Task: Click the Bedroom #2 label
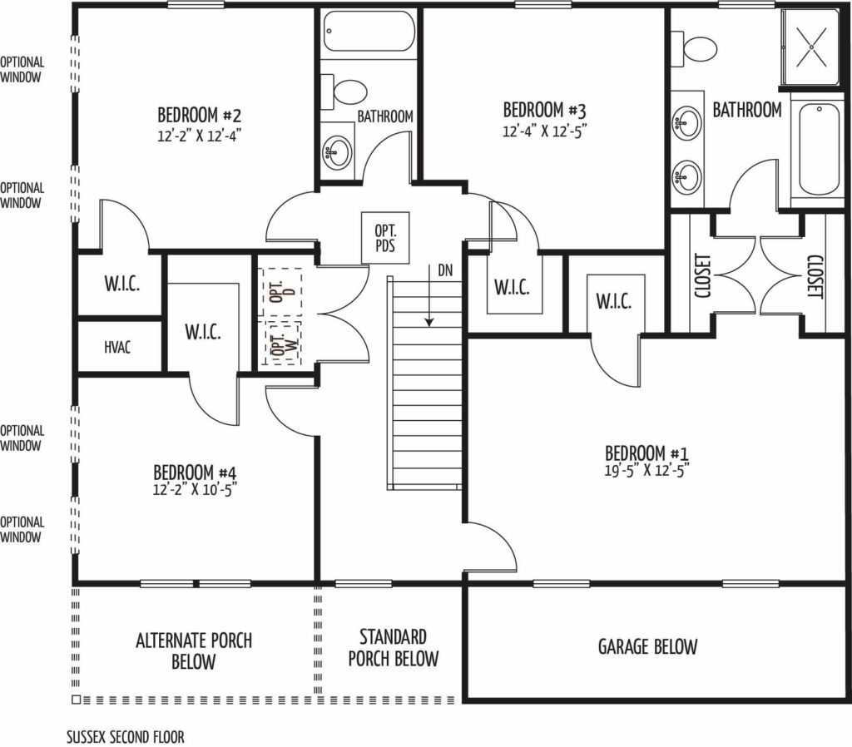coord(199,115)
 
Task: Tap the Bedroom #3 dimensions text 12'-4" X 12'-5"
coord(545,131)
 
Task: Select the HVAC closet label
coord(117,347)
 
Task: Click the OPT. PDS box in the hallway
coord(385,238)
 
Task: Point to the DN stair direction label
coord(445,270)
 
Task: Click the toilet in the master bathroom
coord(692,49)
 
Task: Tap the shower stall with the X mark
coord(810,47)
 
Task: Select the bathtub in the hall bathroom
coord(369,31)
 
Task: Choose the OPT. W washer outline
coord(281,342)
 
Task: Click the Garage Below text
coord(647,646)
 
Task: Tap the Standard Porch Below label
coord(394,647)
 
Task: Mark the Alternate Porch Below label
coord(193,651)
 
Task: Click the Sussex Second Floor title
coord(126,737)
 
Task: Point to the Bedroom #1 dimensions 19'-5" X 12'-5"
coord(646,470)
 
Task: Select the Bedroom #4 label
coord(195,472)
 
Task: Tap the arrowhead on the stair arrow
coord(429,323)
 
